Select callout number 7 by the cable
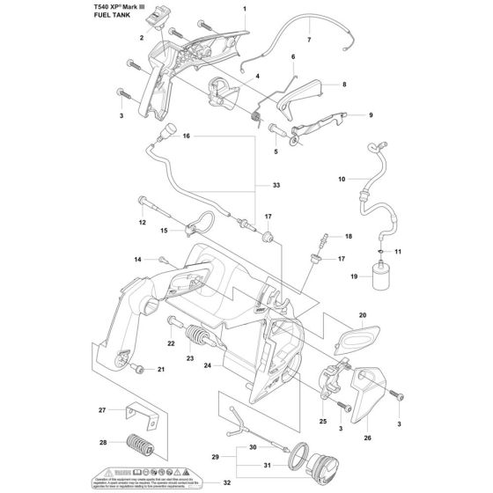(x=309, y=40)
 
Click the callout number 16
(x=187, y=136)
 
